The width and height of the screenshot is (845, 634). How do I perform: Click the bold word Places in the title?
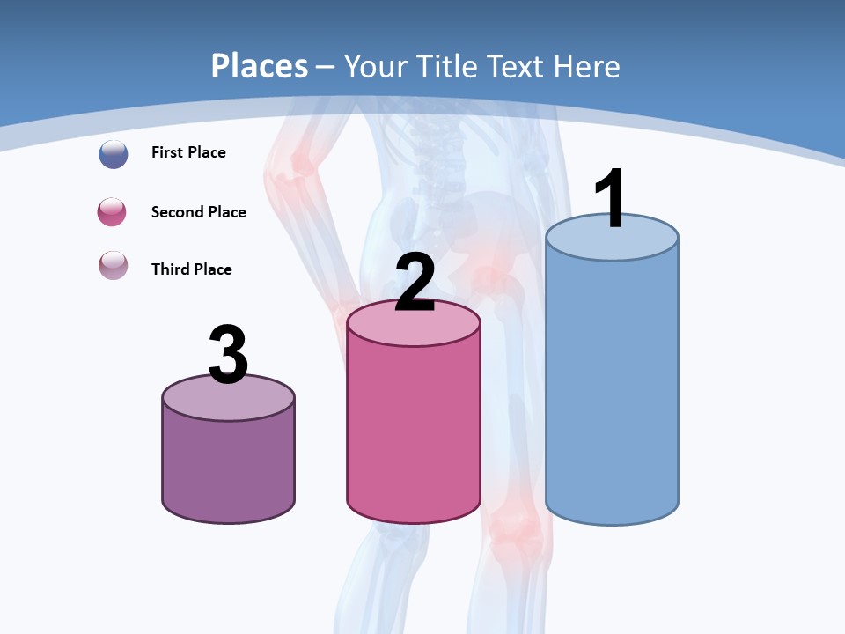click(x=259, y=66)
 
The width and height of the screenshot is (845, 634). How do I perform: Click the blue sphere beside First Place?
click(x=114, y=154)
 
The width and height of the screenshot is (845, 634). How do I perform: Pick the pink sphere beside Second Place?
click(x=112, y=212)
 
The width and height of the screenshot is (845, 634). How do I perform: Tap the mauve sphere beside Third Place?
click(x=114, y=265)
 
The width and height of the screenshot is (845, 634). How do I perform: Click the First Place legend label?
click(x=188, y=152)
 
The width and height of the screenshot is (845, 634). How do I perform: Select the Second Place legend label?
click(x=198, y=212)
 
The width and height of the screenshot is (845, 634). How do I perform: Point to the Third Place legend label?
click(x=191, y=269)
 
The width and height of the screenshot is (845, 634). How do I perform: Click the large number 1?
click(x=611, y=198)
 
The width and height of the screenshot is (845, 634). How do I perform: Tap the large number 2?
click(x=415, y=283)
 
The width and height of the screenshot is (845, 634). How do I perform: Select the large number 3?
click(x=228, y=355)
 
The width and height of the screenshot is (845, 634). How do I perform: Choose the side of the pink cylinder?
click(x=414, y=431)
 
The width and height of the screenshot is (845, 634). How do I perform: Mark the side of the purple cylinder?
click(x=228, y=467)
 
